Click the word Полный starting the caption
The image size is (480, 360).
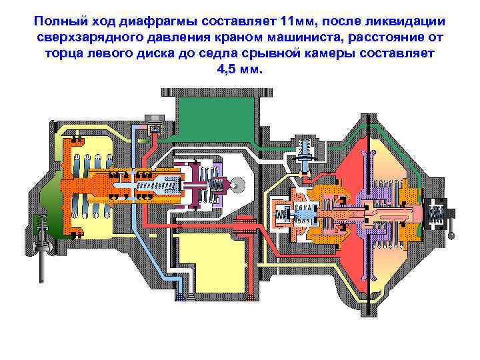tap(60, 22)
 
